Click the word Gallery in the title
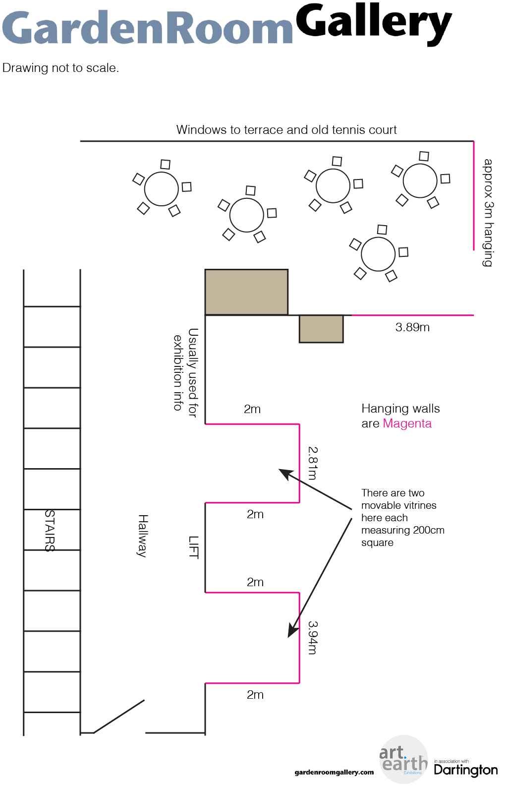pyautogui.click(x=374, y=24)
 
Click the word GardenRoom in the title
pyautogui.click(x=147, y=27)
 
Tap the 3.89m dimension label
pyautogui.click(x=412, y=327)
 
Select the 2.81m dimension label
pyautogui.click(x=312, y=463)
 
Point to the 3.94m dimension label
pyautogui.click(x=312, y=638)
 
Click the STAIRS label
pyautogui.click(x=50, y=531)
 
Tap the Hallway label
pyautogui.click(x=143, y=536)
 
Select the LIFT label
pyautogui.click(x=193, y=547)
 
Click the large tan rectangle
pyautogui.click(x=246, y=292)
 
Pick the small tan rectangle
pyautogui.click(x=321, y=329)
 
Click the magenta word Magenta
pyautogui.click(x=407, y=423)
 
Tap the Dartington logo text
pyautogui.click(x=466, y=770)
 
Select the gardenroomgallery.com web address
pyautogui.click(x=334, y=772)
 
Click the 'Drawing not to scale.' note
pyautogui.click(x=60, y=68)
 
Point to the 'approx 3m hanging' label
pyautogui.click(x=488, y=213)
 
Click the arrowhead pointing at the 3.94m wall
pyautogui.click(x=292, y=632)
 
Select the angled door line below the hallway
pyautogui.click(x=119, y=717)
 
